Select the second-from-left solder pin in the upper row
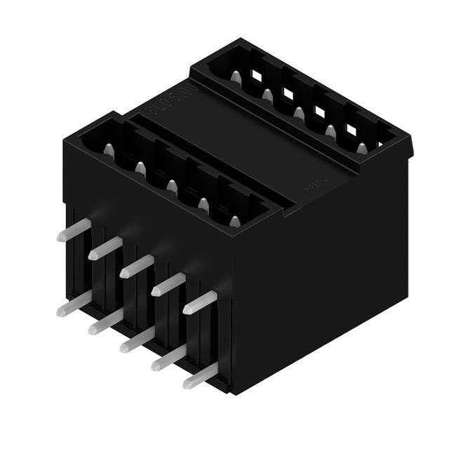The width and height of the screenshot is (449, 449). pos(105,246)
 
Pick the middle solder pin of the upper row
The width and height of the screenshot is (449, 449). pos(136,265)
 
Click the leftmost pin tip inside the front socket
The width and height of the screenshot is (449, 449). pos(109,149)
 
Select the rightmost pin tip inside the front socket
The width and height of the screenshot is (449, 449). pos(235,222)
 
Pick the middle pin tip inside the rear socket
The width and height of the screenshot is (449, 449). pos(299,112)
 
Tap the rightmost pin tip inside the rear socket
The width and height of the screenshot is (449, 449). pos(361,148)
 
